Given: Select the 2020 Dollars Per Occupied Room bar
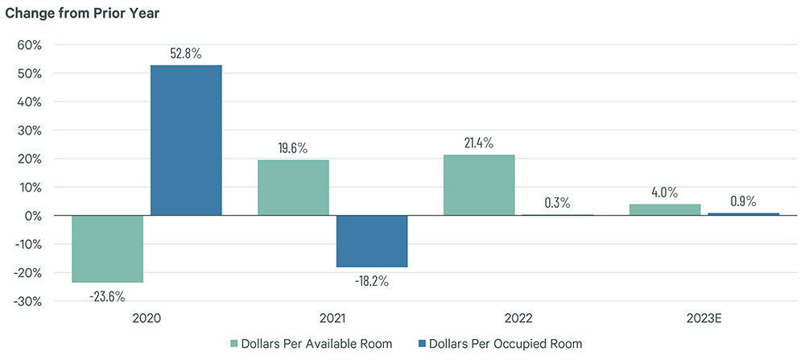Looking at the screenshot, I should (x=187, y=140).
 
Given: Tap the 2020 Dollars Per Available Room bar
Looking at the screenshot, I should (x=108, y=249).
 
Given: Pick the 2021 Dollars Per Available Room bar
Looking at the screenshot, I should (x=293, y=188).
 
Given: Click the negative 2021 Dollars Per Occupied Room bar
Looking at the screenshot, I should (x=372, y=241).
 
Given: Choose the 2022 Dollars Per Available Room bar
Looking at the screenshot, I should (x=479, y=185).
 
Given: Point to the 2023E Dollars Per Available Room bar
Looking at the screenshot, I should (x=665, y=210).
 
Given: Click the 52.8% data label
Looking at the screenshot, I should (x=186, y=54).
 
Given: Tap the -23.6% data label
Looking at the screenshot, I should (x=108, y=296).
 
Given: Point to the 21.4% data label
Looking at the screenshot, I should (x=479, y=143).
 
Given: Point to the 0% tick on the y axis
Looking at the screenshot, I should (x=34, y=216).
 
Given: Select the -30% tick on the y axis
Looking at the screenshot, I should (x=27, y=301).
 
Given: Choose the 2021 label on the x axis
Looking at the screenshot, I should (x=332, y=319).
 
